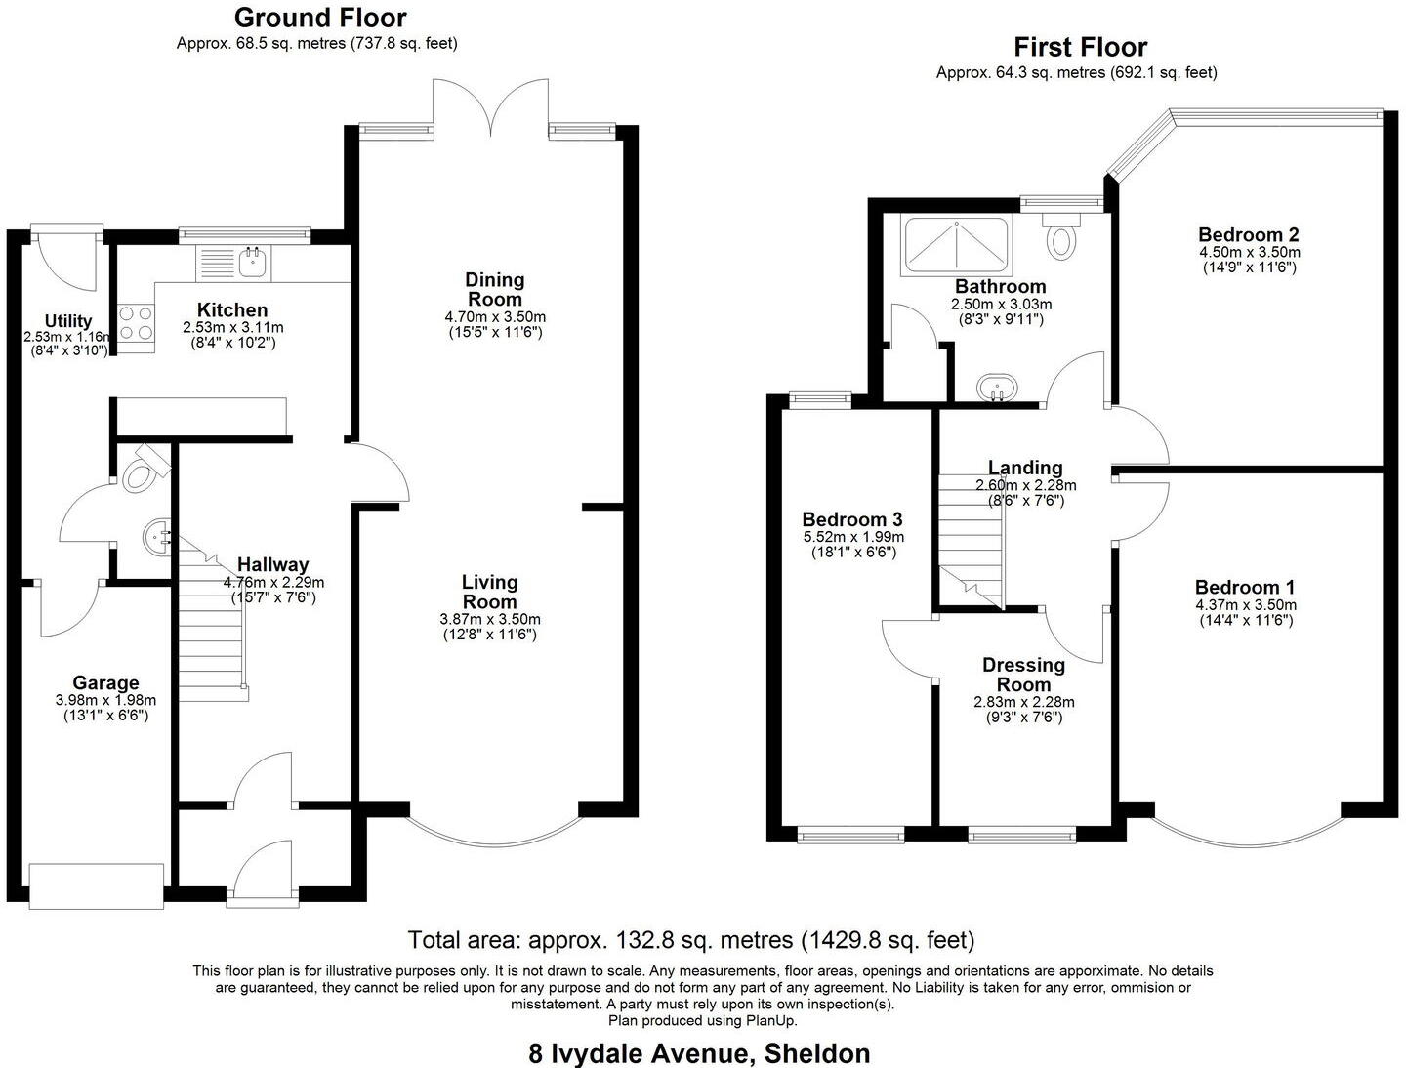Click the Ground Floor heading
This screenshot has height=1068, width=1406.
pyautogui.click(x=320, y=18)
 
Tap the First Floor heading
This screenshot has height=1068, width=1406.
pyautogui.click(x=1080, y=47)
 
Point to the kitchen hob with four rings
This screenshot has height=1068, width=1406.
pyautogui.click(x=136, y=323)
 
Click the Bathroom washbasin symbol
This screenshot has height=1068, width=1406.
pyautogui.click(x=997, y=388)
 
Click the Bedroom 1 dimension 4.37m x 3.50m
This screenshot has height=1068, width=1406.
pyautogui.click(x=1245, y=605)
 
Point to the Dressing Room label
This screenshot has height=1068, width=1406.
pyautogui.click(x=1023, y=675)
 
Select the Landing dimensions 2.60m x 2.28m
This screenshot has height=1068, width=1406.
pyautogui.click(x=1025, y=485)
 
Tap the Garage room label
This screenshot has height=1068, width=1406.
pyautogui.click(x=105, y=682)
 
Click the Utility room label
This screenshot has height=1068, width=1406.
pyautogui.click(x=68, y=320)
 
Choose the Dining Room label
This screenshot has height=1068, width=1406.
pyautogui.click(x=495, y=289)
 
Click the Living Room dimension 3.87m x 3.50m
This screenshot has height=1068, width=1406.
pyautogui.click(x=490, y=619)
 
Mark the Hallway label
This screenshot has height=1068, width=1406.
pyautogui.click(x=273, y=564)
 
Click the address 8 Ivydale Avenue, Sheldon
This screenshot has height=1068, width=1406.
pyautogui.click(x=699, y=1053)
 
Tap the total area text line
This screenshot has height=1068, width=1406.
pyautogui.click(x=691, y=940)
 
